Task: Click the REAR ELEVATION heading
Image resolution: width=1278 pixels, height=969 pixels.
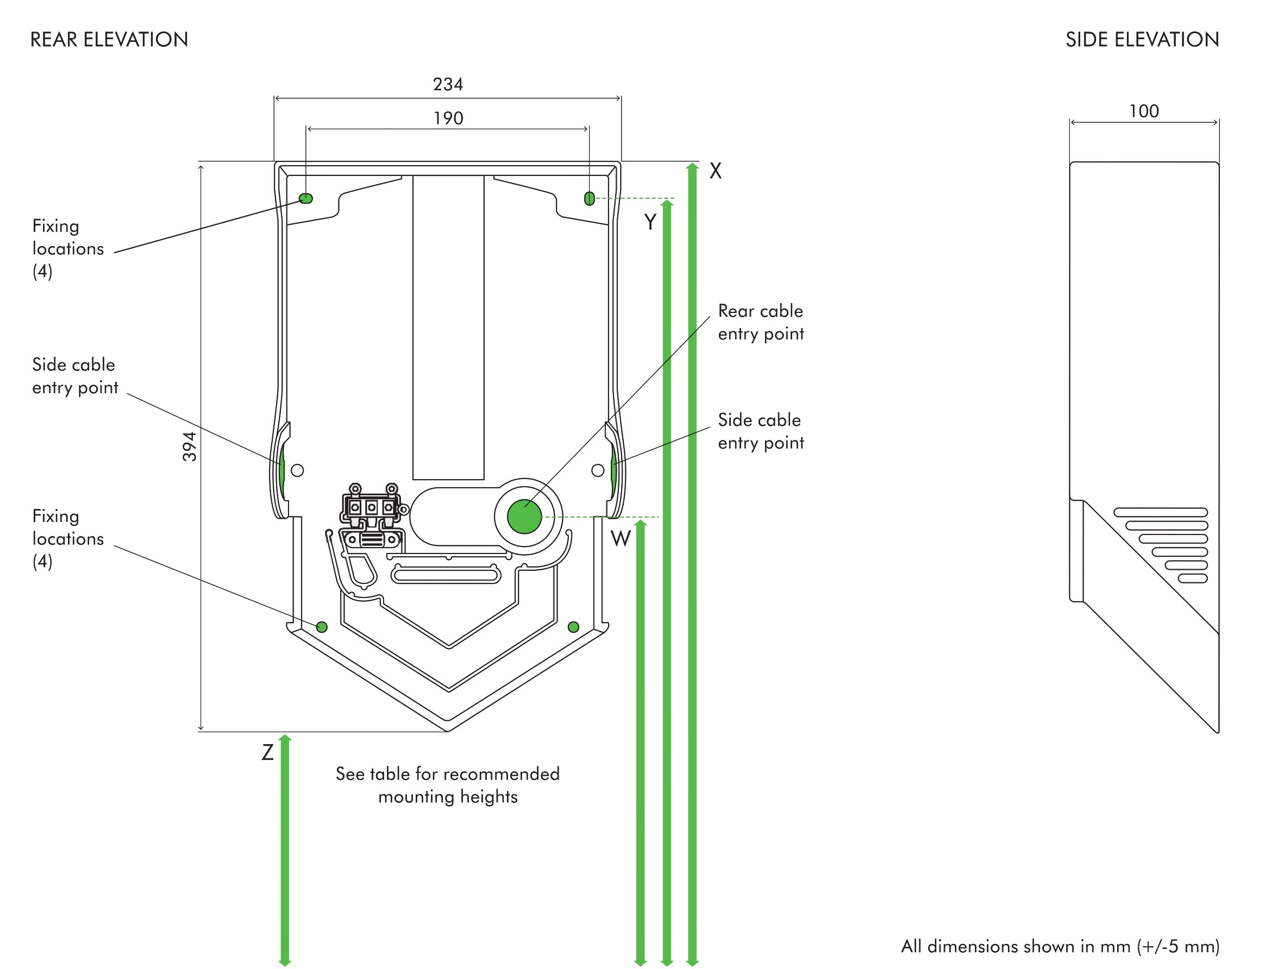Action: pyautogui.click(x=109, y=39)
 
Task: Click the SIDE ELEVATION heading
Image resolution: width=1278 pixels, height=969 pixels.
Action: pyautogui.click(x=1142, y=39)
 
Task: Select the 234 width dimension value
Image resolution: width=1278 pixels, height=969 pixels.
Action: pyautogui.click(x=448, y=84)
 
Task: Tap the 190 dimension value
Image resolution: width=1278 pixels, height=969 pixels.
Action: pyautogui.click(x=448, y=118)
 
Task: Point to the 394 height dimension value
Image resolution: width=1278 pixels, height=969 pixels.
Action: pyautogui.click(x=190, y=446)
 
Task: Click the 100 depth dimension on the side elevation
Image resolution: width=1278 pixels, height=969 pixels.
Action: pyautogui.click(x=1144, y=111)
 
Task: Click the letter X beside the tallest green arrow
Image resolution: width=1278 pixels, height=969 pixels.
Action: pyautogui.click(x=715, y=171)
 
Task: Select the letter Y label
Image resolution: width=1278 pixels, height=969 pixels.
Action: pyautogui.click(x=650, y=222)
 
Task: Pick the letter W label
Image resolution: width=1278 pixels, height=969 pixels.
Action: pyautogui.click(x=621, y=539)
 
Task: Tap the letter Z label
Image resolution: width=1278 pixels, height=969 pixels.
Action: pyautogui.click(x=267, y=752)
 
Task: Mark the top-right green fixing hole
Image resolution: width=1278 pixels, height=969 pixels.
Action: pyautogui.click(x=590, y=199)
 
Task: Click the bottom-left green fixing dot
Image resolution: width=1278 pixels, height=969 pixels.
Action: pyautogui.click(x=322, y=627)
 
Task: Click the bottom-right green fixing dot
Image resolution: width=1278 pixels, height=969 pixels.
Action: pyautogui.click(x=574, y=627)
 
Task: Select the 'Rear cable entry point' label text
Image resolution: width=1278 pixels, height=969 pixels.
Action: pyautogui.click(x=760, y=322)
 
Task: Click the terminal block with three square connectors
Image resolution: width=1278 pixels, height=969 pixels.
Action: pyautogui.click(x=372, y=507)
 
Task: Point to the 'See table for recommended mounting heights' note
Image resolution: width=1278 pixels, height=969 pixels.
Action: pyautogui.click(x=448, y=785)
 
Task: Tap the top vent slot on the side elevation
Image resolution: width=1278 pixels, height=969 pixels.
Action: pyautogui.click(x=1161, y=512)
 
